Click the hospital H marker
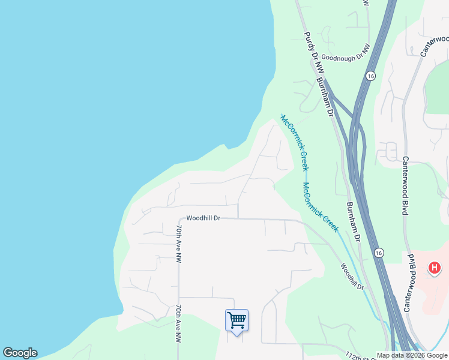[x=434, y=268]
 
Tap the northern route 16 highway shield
[x=370, y=76]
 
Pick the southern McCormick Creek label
[x=321, y=207]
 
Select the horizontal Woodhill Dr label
[x=203, y=218]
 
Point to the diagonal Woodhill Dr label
[x=352, y=276]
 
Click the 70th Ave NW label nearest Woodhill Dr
[x=178, y=244]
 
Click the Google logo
[x=20, y=353]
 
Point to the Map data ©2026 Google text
[x=412, y=356]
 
